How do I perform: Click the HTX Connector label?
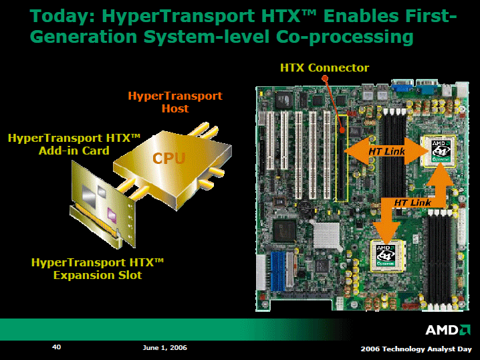tap(324, 68)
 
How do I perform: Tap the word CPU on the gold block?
tap(169, 159)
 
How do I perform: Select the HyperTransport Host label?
tap(175, 102)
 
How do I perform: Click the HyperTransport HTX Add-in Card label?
tap(74, 144)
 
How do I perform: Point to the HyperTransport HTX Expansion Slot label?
tap(98, 269)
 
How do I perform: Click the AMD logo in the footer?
tap(447, 330)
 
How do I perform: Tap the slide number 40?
tap(57, 347)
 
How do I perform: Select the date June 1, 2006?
tap(164, 348)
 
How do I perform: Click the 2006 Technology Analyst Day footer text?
tap(416, 349)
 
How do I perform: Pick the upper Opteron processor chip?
tap(440, 151)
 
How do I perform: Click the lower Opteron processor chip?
tap(386, 256)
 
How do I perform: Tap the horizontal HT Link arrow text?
tap(386, 151)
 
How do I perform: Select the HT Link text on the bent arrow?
tap(412, 203)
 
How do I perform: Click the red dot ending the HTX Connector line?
tap(325, 78)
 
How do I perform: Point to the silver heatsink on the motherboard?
tap(326, 236)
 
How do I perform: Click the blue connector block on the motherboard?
tap(277, 272)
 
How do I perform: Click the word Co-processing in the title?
tap(345, 37)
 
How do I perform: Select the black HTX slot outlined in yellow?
tap(342, 158)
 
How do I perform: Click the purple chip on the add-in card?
tap(112, 215)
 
